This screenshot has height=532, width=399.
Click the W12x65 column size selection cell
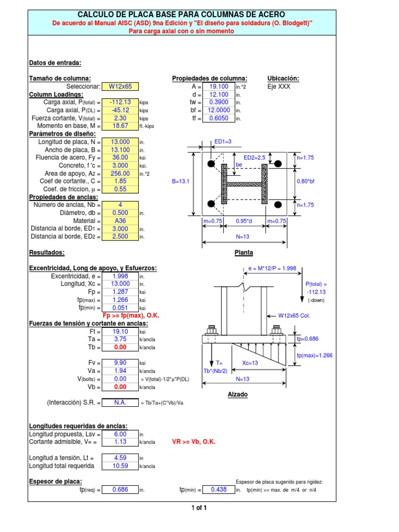click(x=120, y=87)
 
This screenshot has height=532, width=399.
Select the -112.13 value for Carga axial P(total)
click(x=120, y=102)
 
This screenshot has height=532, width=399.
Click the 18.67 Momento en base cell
click(x=120, y=126)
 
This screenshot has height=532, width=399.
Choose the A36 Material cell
click(x=120, y=220)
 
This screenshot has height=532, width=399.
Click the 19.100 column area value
click(x=219, y=87)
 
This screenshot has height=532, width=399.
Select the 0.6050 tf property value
click(x=219, y=118)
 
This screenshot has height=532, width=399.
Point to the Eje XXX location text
click(x=279, y=87)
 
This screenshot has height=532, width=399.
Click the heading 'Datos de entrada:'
click(x=55, y=63)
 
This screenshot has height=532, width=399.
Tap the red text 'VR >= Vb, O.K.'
click(x=193, y=442)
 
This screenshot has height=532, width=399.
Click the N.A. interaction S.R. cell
click(x=120, y=402)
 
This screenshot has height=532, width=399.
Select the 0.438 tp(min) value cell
click(x=219, y=489)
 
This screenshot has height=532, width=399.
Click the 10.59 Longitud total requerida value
click(x=120, y=465)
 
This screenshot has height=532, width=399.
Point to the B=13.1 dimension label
click(x=181, y=182)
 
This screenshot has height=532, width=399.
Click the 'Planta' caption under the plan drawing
click(x=243, y=252)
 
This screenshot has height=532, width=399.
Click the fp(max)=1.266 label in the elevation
click(x=314, y=355)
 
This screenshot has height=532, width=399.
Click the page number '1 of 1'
click(x=199, y=508)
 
